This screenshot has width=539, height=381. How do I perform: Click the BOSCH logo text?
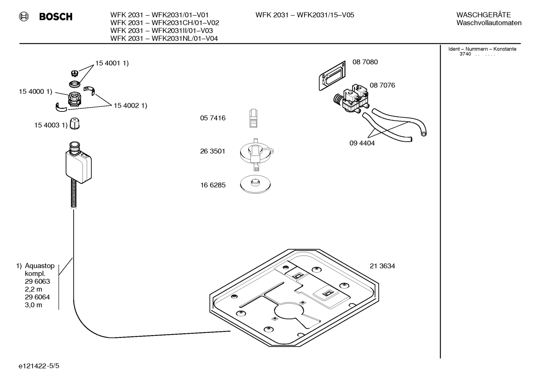(56, 17)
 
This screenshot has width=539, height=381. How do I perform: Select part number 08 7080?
(365, 62)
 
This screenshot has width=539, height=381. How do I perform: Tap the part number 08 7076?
(382, 85)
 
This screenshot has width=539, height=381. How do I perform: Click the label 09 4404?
(362, 143)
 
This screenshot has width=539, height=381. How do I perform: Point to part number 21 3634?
(382, 266)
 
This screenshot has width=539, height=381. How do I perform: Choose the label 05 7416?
(213, 118)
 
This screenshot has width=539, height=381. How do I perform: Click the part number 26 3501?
(213, 151)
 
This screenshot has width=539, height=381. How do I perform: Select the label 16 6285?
(213, 185)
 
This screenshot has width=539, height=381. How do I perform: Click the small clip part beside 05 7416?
(253, 118)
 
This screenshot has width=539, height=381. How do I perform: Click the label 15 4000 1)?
(36, 92)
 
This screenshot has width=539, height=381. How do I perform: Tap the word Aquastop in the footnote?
(40, 266)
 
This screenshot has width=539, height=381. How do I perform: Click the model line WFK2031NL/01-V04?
(164, 39)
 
